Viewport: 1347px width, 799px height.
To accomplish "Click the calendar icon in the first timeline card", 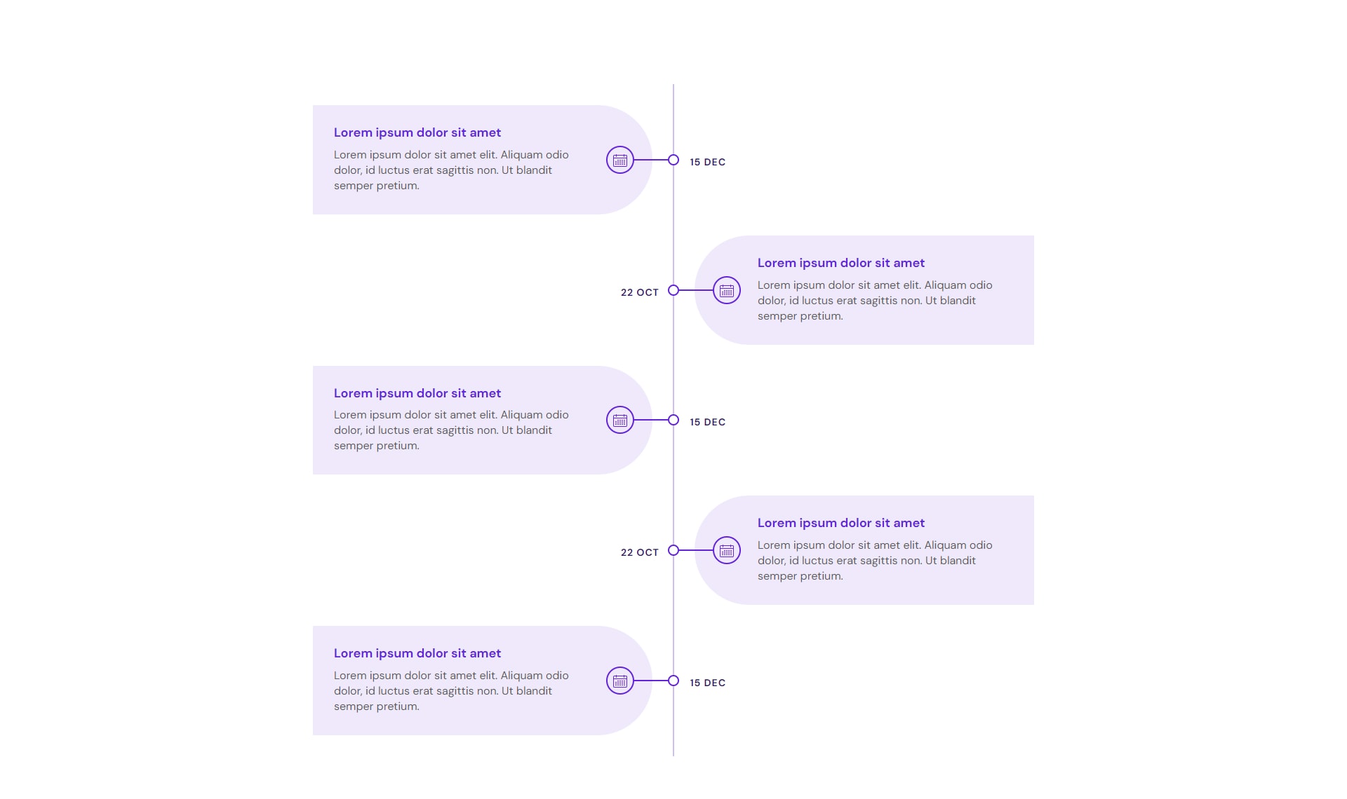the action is point(620,161).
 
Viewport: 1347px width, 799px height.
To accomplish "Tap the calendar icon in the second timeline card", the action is point(727,290).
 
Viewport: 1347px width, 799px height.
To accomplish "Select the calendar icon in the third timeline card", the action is point(620,421).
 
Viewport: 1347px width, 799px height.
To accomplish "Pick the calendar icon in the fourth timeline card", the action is point(727,550).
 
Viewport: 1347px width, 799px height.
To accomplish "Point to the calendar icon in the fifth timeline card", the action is point(620,681).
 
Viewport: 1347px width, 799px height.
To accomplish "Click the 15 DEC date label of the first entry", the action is point(707,162).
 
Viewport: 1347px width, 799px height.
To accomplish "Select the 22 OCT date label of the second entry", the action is point(640,292).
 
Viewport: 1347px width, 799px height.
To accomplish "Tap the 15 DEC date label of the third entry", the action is point(707,422).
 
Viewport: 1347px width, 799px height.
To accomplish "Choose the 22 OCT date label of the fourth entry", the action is point(640,552).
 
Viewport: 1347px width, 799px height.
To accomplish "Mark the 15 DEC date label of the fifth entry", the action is point(707,683).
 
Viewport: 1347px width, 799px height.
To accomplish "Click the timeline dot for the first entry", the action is point(673,160).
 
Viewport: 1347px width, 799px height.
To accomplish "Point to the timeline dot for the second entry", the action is point(673,290).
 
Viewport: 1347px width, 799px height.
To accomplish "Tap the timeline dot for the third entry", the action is point(673,420).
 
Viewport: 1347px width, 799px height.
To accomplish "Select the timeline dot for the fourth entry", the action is point(673,550).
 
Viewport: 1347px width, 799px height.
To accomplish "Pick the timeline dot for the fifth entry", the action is point(673,681).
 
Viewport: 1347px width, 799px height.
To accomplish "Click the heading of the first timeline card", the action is point(417,132).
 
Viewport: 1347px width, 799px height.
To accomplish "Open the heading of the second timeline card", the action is point(841,263).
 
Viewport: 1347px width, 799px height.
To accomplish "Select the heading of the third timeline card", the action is point(417,393).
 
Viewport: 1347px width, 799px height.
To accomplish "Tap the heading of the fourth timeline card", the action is point(841,523).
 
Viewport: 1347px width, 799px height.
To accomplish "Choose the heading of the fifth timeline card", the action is point(417,653).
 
